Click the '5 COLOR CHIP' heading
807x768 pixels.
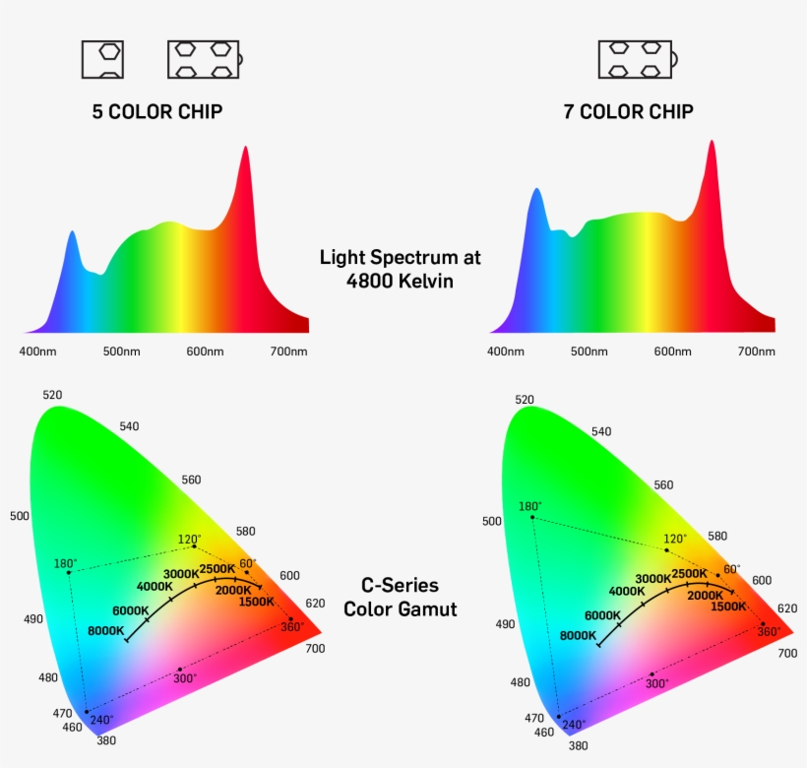click(156, 111)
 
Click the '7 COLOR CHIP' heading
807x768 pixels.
click(628, 111)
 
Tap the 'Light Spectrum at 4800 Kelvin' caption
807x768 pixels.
click(400, 268)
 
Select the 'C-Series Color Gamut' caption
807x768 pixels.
click(400, 598)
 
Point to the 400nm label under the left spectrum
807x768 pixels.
click(38, 352)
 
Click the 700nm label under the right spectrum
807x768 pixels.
click(756, 352)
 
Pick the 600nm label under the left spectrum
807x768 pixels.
click(205, 352)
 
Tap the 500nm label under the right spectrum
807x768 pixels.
click(589, 352)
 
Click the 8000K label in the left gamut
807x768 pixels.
click(105, 630)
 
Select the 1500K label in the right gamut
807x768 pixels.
click(728, 607)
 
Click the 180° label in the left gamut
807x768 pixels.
click(65, 564)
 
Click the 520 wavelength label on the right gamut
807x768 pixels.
click(525, 400)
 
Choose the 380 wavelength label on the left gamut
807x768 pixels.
click(105, 740)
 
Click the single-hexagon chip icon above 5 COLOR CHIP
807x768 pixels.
click(102, 59)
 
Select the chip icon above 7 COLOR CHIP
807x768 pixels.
click(635, 59)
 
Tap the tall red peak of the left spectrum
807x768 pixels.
click(244, 158)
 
